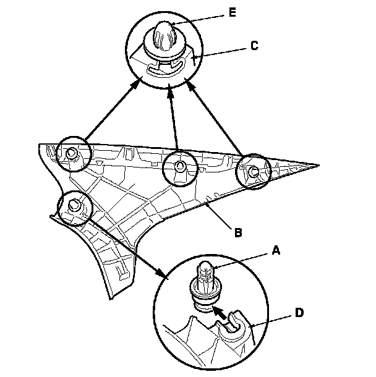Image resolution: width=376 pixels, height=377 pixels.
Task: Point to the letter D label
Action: (x=299, y=313)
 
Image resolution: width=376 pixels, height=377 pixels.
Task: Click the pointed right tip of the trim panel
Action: (x=318, y=166)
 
